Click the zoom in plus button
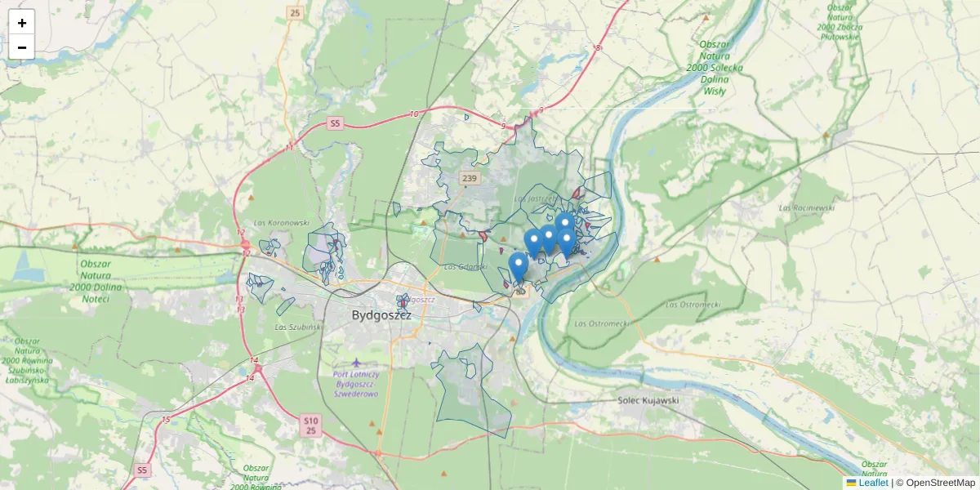pyautogui.click(x=21, y=22)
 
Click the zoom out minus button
pyautogui.click(x=21, y=47)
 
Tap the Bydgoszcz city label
pyautogui.click(x=381, y=314)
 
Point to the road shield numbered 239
pyautogui.click(x=469, y=178)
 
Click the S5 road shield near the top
pyautogui.click(x=334, y=123)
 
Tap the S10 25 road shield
pyautogui.click(x=310, y=425)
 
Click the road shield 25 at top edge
pyautogui.click(x=295, y=12)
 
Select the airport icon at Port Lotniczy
pyautogui.click(x=354, y=362)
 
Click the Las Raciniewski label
pyautogui.click(x=807, y=207)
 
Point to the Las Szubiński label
pyautogui.click(x=297, y=327)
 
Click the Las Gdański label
pyautogui.click(x=465, y=266)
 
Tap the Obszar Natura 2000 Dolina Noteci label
pyautogui.click(x=101, y=281)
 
